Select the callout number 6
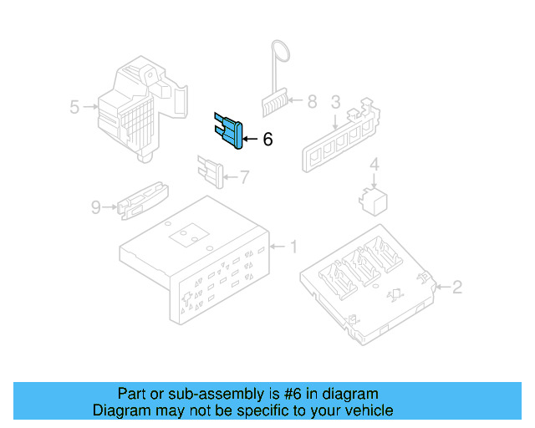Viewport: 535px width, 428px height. (267, 140)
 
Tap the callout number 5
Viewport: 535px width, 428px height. (74, 107)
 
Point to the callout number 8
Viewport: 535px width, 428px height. (312, 102)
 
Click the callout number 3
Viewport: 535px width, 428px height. (335, 102)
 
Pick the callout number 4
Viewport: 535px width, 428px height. (374, 164)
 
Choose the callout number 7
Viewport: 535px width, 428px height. (244, 176)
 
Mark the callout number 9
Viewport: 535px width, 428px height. (95, 206)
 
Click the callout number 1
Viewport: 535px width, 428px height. (293, 247)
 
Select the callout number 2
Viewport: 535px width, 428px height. (457, 288)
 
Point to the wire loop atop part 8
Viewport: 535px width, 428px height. (280, 51)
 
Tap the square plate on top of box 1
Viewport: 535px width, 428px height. (188, 237)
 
